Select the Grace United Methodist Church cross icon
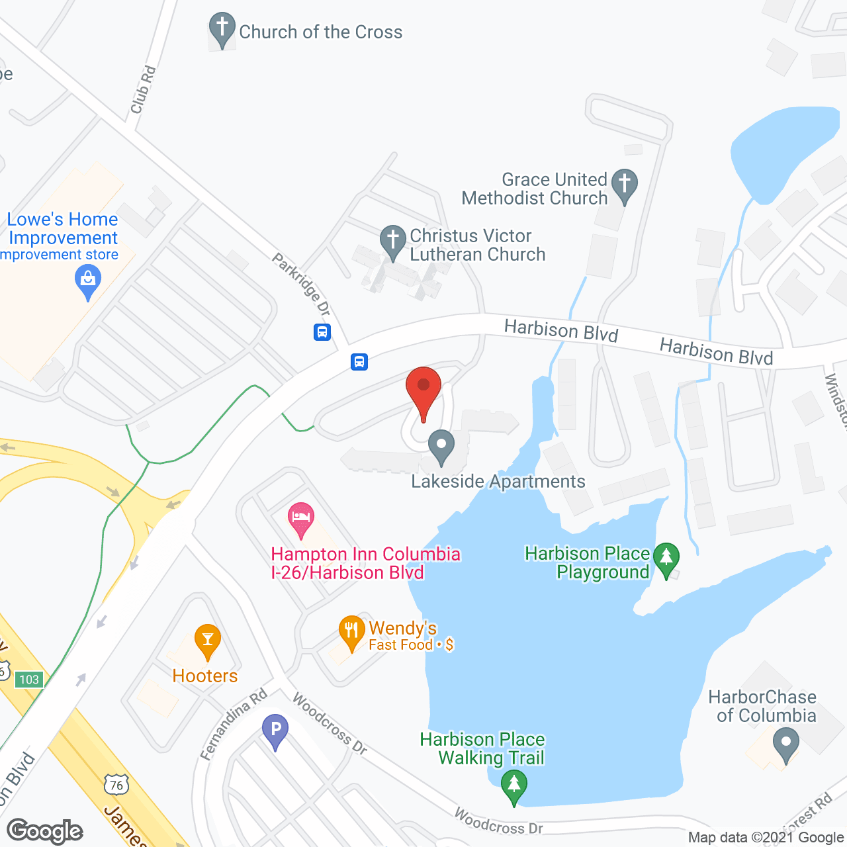pos(624,185)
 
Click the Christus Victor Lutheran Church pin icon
pos(392,242)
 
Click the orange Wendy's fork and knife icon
pos(351,633)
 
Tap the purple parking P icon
pos(275,731)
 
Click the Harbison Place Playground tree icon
pos(666,559)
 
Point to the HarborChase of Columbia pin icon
pos(786,744)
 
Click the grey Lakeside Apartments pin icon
pos(441,446)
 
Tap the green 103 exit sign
pos(29,680)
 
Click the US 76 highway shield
pos(116,785)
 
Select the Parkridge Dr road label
pos(302,285)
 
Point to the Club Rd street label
pos(143,89)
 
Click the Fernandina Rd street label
pos(234,724)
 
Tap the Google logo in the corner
pos(45,831)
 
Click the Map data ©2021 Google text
pos(766,838)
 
